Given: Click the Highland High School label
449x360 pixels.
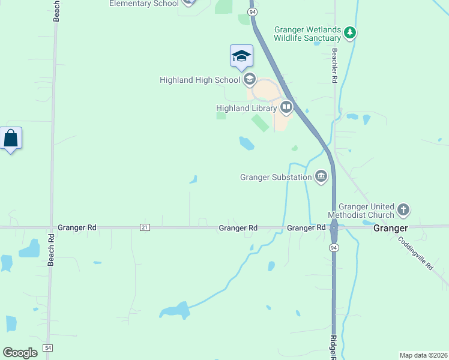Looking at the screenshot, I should tap(200, 80).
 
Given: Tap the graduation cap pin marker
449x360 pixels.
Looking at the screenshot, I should tap(241, 56).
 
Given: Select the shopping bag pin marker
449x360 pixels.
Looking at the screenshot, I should tap(11, 139).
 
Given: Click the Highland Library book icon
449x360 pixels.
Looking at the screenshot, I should tap(286, 108).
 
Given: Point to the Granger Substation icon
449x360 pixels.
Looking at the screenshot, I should tap(321, 176).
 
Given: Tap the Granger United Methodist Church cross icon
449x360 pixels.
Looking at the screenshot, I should tap(404, 210).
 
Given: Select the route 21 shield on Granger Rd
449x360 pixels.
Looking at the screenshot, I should tap(145, 227).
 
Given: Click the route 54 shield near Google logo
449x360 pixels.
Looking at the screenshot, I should tap(48, 348).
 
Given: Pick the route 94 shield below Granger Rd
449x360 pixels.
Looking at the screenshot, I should tap(333, 247).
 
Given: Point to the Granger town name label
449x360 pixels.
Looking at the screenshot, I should tap(390, 229).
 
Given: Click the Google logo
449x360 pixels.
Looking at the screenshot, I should tap(20, 352).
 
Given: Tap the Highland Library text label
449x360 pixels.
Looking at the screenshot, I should tap(246, 108).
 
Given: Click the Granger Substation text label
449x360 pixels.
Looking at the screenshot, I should tap(276, 177).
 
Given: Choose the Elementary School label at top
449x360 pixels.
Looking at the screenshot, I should tap(144, 4).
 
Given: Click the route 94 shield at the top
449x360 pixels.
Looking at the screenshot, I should tap(253, 12).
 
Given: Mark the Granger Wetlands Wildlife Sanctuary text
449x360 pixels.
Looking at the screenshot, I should tap(307, 34).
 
